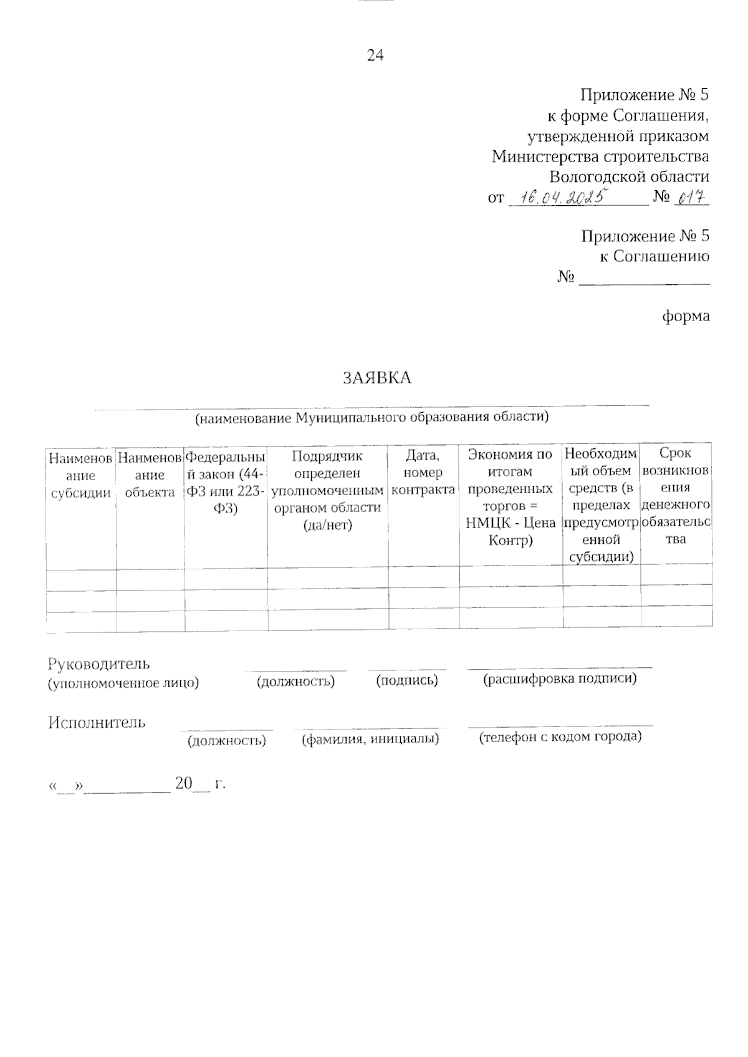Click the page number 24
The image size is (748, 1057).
click(375, 56)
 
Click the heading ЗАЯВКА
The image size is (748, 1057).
click(377, 378)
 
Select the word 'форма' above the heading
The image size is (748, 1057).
click(685, 316)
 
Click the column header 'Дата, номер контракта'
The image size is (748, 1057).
click(423, 473)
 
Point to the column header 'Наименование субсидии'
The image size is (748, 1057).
click(81, 475)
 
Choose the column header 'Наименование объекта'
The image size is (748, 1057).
click(150, 475)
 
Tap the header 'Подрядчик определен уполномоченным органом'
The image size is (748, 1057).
click(328, 490)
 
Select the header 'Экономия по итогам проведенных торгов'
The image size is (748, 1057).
click(511, 497)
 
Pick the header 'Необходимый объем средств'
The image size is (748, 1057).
click(601, 505)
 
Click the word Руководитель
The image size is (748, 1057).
click(99, 664)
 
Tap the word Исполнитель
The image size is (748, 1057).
click(97, 723)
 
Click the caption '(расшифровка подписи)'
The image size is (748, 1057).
click(560, 679)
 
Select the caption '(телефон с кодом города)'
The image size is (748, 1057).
click(560, 737)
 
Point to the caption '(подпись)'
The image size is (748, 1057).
click(407, 680)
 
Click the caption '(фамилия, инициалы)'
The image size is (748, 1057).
click(370, 739)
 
